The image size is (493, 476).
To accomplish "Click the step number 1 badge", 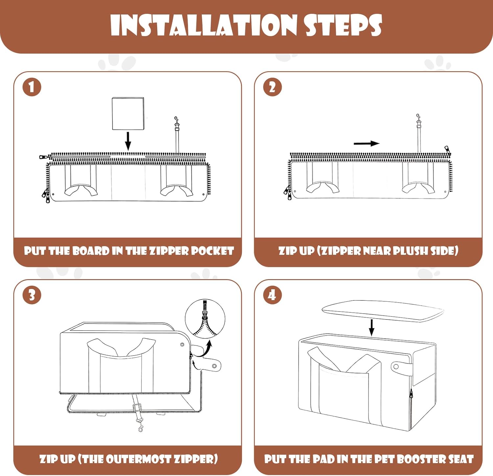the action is coord(32,87).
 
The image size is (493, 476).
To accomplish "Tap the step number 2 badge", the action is coord(272,87).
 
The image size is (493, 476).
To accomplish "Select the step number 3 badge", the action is coord(32,295).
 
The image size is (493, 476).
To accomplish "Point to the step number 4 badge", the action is coord(272,295).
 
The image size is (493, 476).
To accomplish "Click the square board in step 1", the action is coord(128,113).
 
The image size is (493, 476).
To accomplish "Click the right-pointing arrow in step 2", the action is coord(366,143).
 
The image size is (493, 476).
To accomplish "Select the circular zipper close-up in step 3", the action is coord(205,319).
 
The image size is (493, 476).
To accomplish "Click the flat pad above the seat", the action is coord(383,311).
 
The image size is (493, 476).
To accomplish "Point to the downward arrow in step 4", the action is coord(371,327).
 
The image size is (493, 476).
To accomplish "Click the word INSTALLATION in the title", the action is coord(204,25).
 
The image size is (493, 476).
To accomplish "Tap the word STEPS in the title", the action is coord(343,25).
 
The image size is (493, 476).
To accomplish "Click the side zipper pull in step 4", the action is coord(411,393).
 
